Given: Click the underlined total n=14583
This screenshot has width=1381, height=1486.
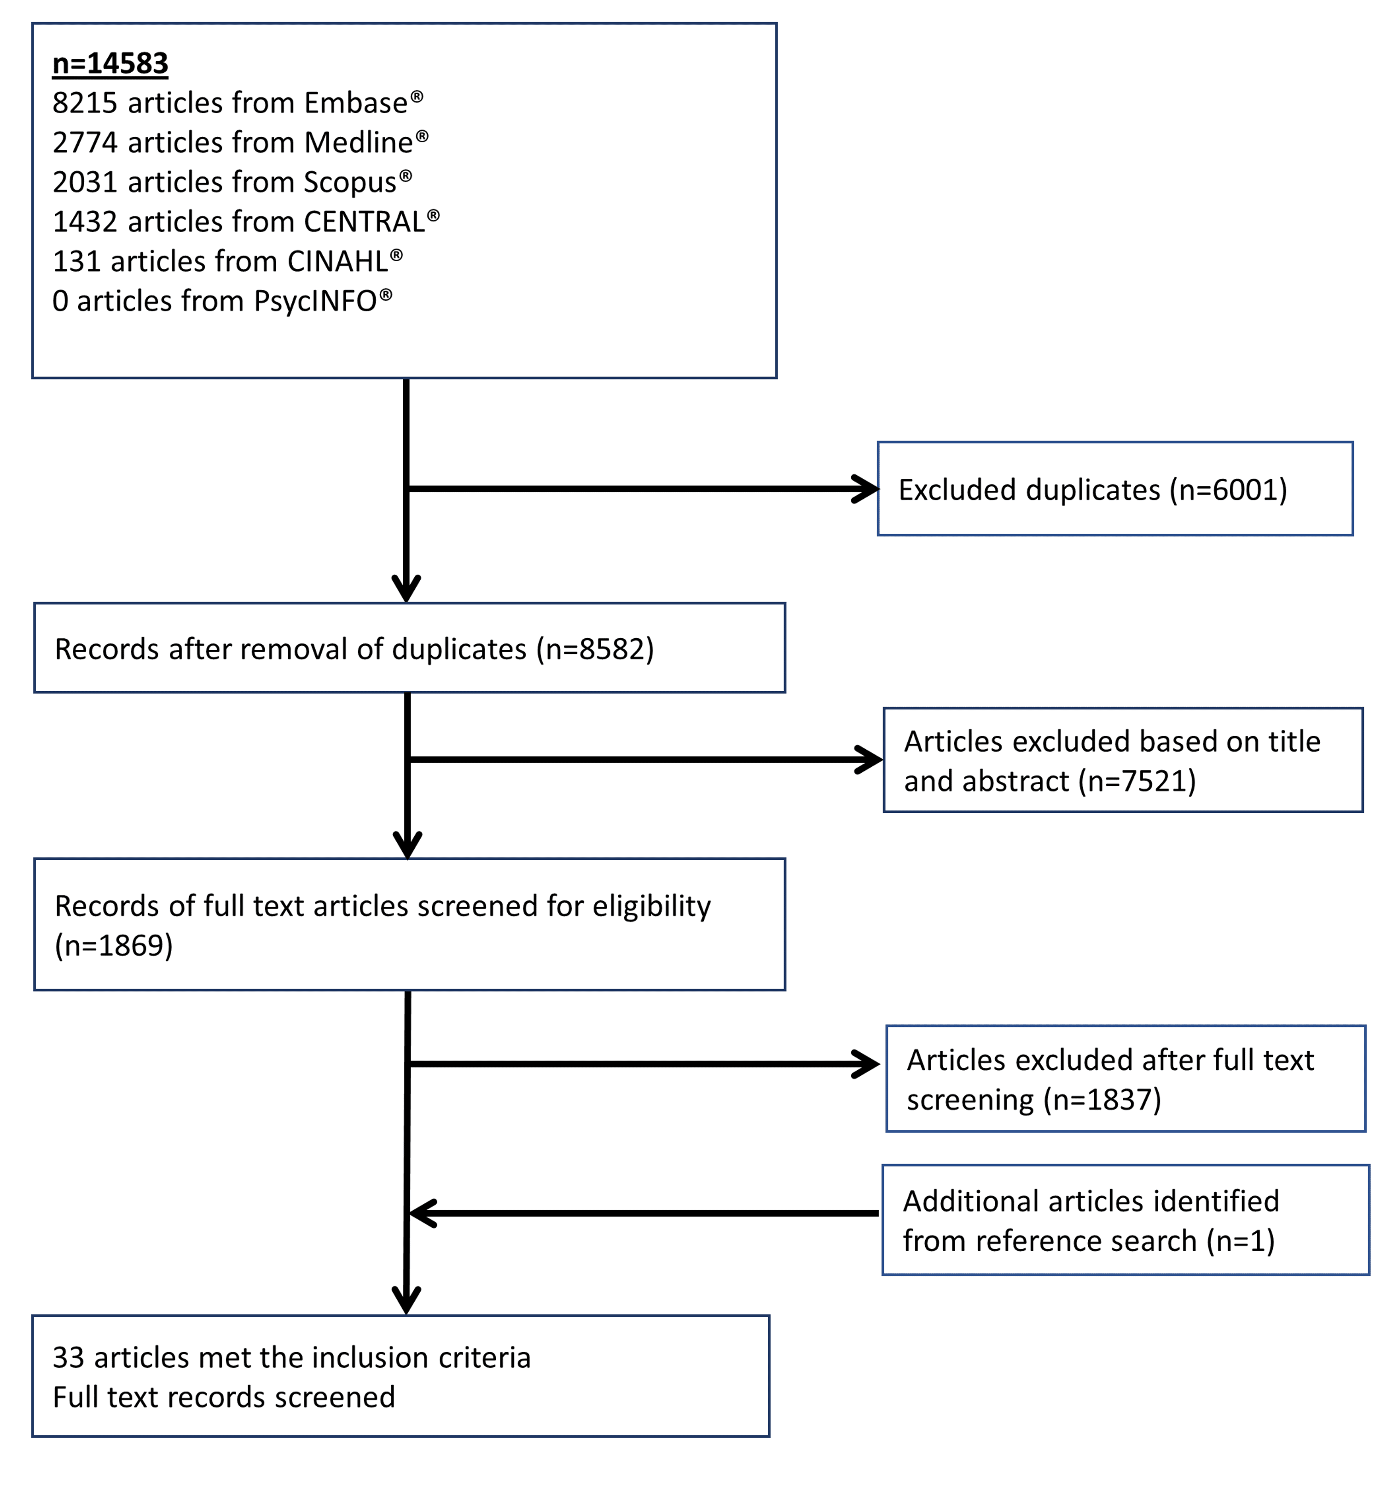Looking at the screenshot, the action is [x=110, y=64].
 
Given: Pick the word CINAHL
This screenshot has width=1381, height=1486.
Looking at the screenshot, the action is [x=338, y=262].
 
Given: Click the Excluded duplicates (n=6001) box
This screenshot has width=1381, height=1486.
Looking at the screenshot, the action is [x=1115, y=489].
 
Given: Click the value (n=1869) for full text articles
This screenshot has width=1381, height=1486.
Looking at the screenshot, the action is [x=114, y=945].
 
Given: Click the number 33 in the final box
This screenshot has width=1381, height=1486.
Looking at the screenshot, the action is [x=68, y=1358].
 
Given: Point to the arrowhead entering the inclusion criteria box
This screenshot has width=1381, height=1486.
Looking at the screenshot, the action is [x=406, y=1300].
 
